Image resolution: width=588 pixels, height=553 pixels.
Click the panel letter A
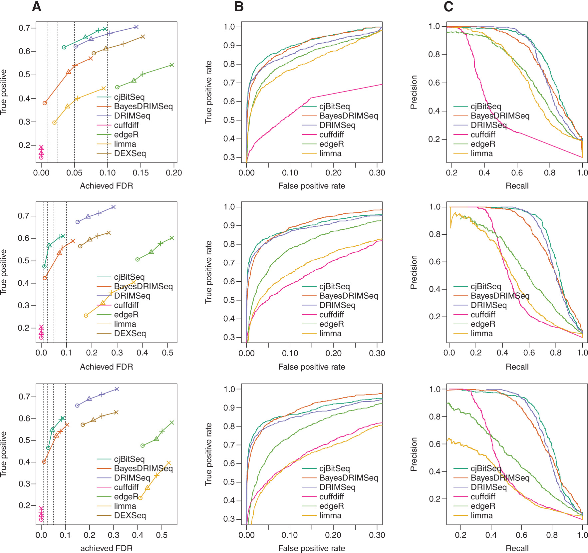pos(37,7)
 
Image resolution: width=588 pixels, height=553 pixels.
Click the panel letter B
pos(239,7)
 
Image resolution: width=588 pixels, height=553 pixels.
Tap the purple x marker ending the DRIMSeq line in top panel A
pos(136,27)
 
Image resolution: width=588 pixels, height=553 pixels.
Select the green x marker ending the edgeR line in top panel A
pos(172,65)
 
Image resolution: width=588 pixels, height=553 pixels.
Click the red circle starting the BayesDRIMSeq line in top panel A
pos(45,103)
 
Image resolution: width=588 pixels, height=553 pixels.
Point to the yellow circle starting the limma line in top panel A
pos(55,123)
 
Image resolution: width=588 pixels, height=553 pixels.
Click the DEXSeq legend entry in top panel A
pos(130,153)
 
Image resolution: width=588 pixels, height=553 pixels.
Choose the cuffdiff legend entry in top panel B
pos(331,135)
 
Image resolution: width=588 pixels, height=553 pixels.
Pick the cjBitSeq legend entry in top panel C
pos(485,107)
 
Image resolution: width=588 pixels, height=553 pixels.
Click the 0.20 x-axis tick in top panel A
pos(174,173)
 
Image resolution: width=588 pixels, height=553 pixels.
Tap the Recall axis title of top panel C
pos(517,186)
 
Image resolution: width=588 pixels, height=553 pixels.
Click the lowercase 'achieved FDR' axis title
pos(106,548)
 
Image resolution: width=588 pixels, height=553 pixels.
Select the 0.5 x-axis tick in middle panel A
pos(167,353)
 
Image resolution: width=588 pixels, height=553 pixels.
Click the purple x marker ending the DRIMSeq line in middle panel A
pos(114,207)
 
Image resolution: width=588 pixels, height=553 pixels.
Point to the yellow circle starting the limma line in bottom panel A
pos(140,498)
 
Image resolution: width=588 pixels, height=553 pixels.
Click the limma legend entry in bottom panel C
pos(481,515)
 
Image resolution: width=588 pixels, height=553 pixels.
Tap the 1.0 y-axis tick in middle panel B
pos(229,207)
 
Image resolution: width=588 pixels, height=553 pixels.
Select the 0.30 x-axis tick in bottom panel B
pos(377,535)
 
